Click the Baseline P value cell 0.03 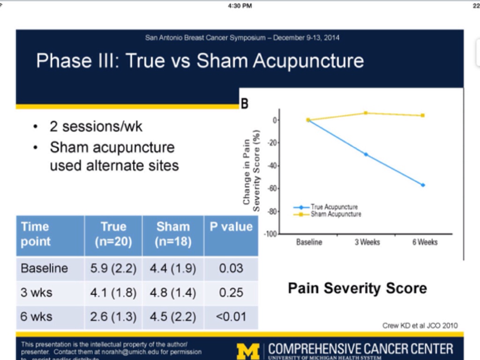(231, 269)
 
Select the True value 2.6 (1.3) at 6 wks (113, 316)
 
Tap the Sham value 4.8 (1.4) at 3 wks (172, 292)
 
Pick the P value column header (231, 227)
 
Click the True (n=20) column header (113, 234)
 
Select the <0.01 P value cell (231, 316)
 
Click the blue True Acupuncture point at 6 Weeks (423, 185)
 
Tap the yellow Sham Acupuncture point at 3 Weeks (366, 113)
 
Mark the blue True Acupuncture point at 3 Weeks (366, 154)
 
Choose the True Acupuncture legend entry (334, 207)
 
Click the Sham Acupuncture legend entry (336, 214)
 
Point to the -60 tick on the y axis (271, 189)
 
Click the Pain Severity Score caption (357, 288)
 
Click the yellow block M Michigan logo (248, 351)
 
